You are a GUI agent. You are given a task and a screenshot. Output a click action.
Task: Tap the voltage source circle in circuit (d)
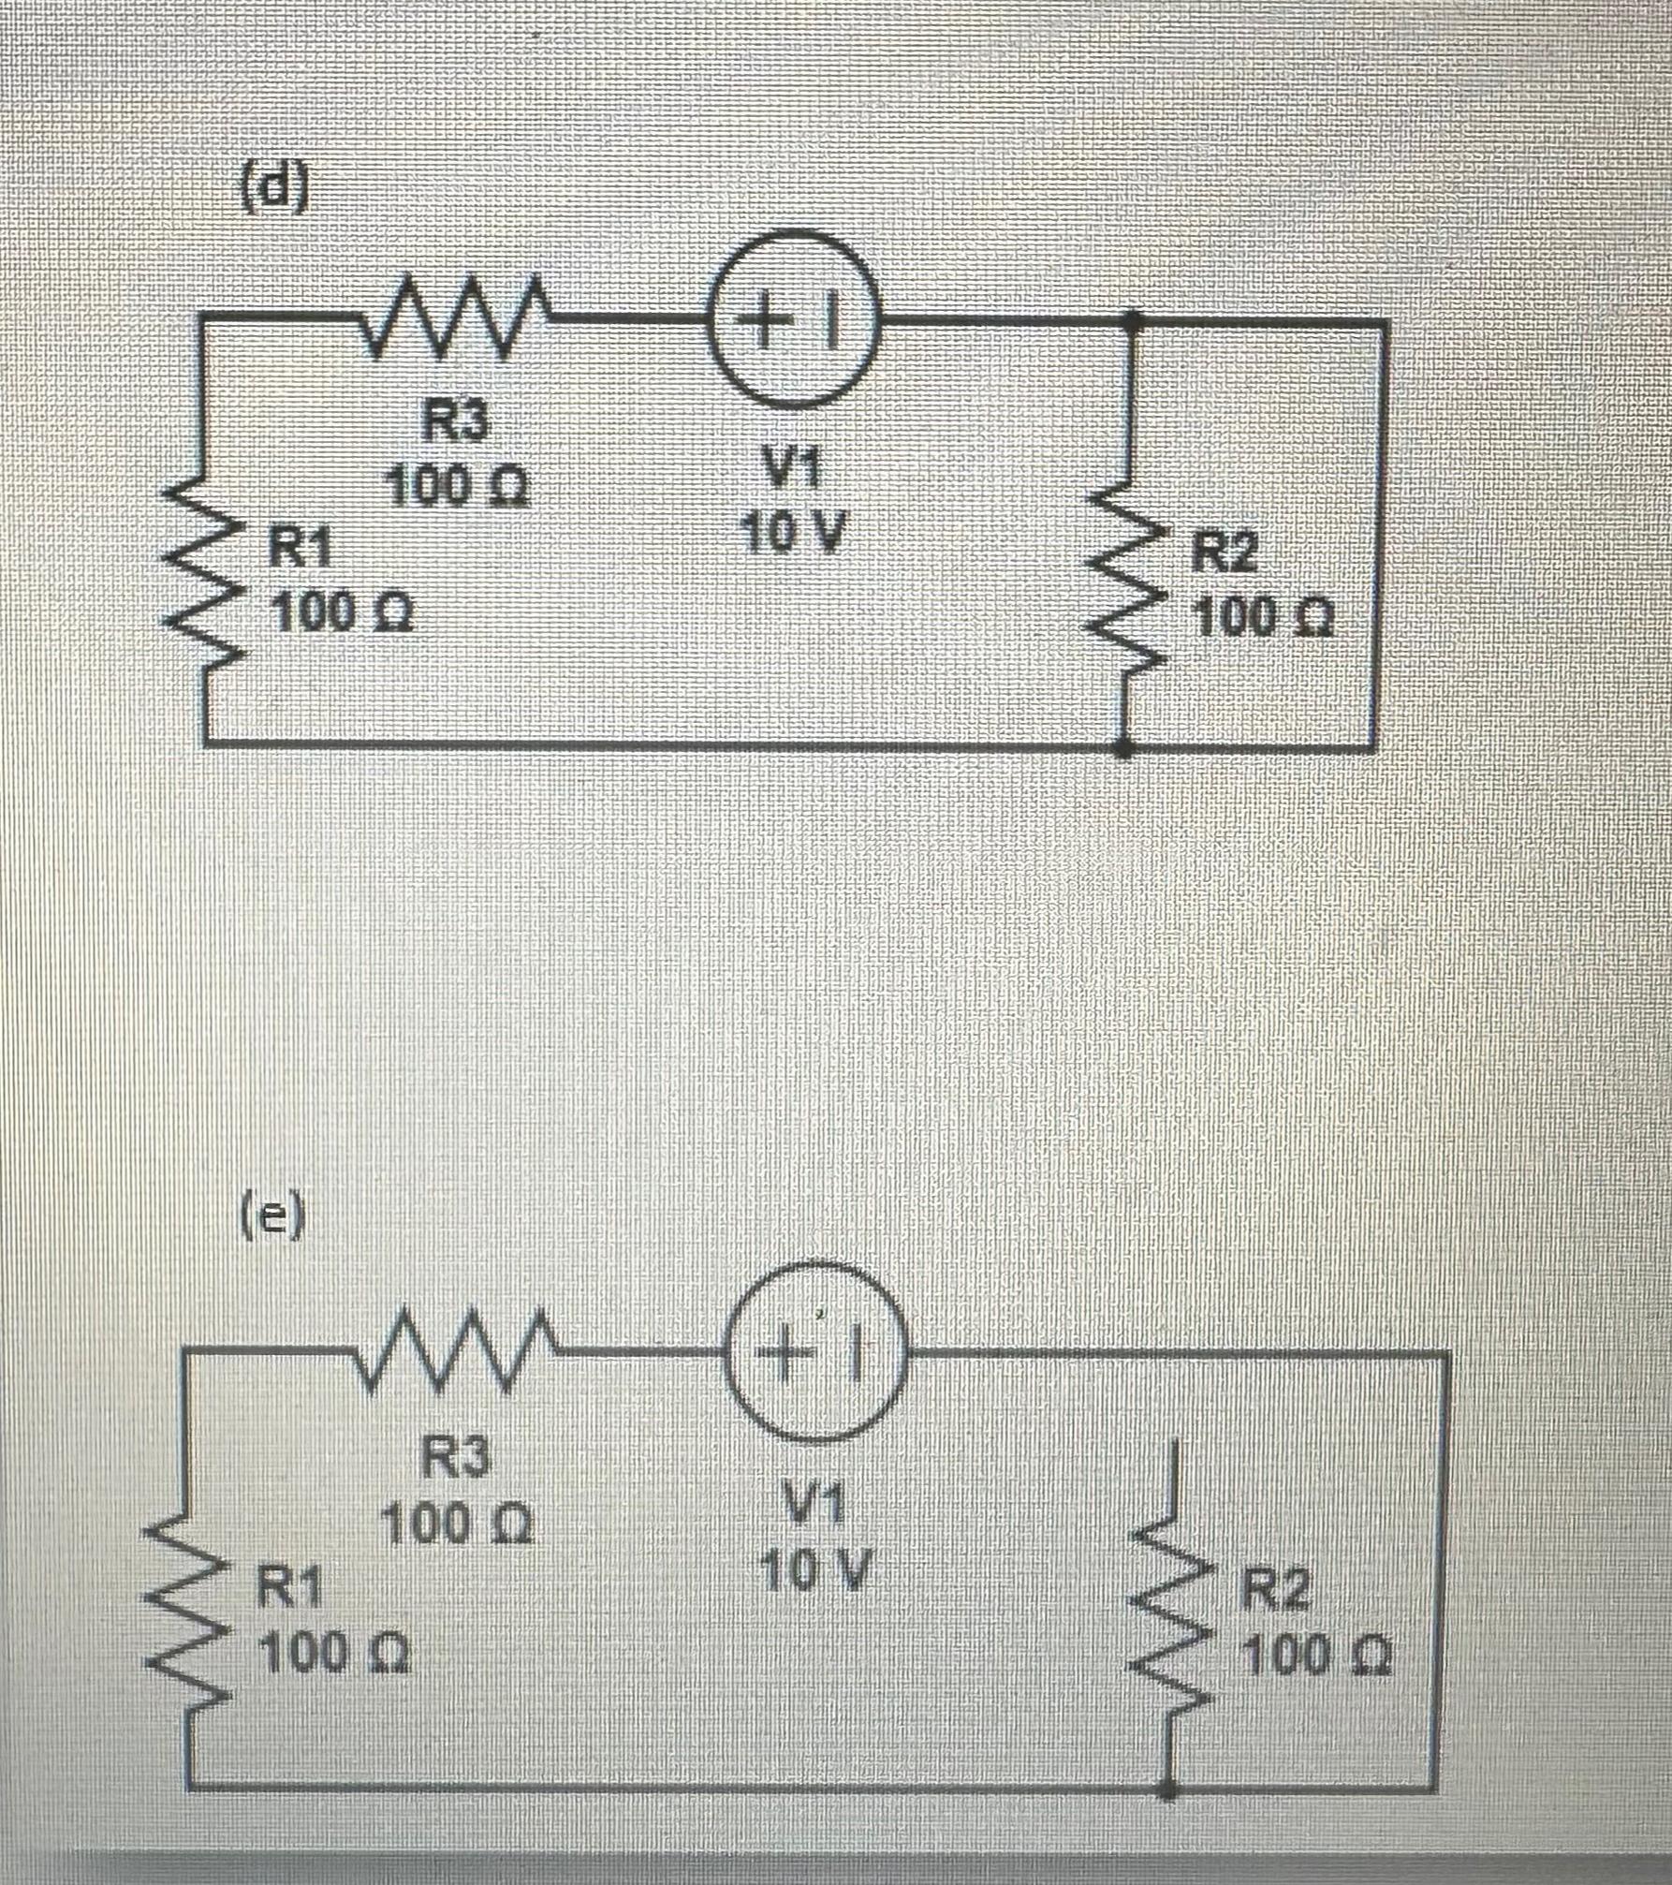[796, 321]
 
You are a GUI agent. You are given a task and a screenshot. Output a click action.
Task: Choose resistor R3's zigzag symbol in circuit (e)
[455, 1353]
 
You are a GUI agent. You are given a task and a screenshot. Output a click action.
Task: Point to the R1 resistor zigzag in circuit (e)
[186, 1629]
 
